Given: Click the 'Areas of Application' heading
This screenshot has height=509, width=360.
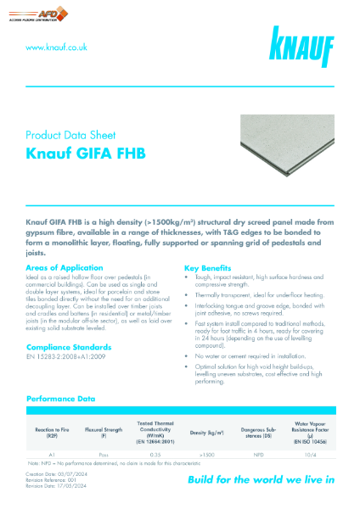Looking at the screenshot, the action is [x=65, y=268].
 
